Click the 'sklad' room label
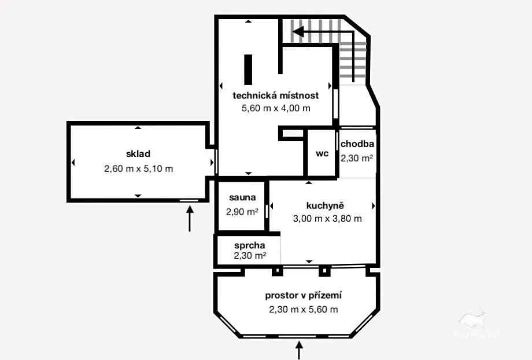click(x=138, y=154)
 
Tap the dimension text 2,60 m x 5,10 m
click(x=138, y=168)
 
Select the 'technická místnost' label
click(x=275, y=95)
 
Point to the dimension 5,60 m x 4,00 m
click(x=276, y=108)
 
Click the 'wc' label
click(x=322, y=153)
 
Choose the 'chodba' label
click(x=357, y=144)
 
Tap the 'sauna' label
click(x=242, y=197)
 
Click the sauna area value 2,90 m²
click(x=242, y=212)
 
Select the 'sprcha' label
click(x=250, y=245)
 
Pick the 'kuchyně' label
click(x=325, y=205)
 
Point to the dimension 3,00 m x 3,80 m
click(x=327, y=218)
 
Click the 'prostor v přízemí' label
click(x=304, y=296)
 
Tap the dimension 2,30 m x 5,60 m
click(x=304, y=310)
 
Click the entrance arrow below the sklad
click(x=190, y=219)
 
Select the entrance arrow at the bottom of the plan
click(x=299, y=350)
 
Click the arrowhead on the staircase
click(x=298, y=32)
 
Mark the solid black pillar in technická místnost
click(x=248, y=69)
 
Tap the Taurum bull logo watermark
click(x=472, y=324)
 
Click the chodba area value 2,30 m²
click(x=357, y=158)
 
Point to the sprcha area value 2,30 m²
click(x=250, y=255)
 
